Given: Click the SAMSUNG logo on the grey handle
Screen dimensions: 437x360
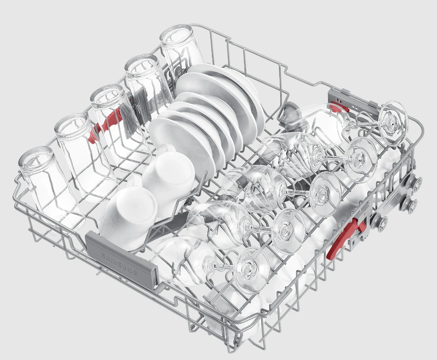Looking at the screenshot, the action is pyautogui.click(x=119, y=264).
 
